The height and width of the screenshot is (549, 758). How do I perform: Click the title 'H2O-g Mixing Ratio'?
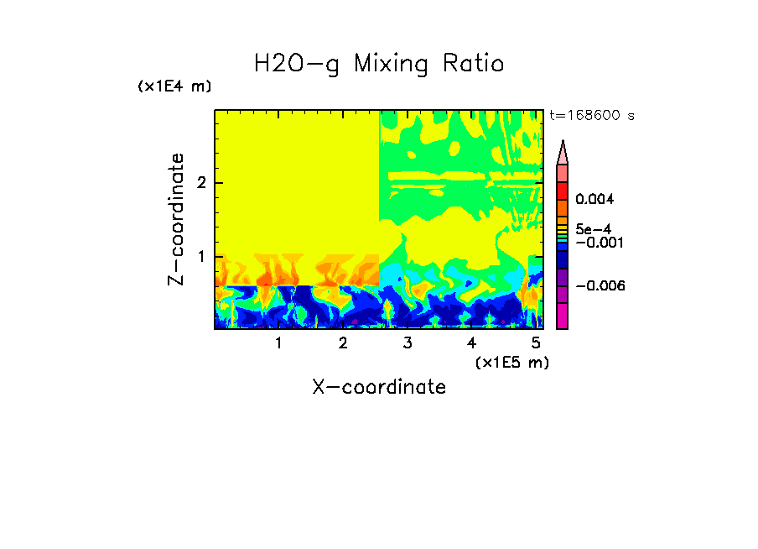(379, 64)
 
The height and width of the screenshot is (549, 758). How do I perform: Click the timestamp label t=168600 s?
(591, 115)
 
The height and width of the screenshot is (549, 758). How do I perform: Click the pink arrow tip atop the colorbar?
(563, 152)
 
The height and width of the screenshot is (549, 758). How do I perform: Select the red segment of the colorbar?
(563, 190)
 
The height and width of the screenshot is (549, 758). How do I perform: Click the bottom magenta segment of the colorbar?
(563, 316)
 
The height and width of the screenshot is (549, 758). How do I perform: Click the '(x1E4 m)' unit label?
(174, 86)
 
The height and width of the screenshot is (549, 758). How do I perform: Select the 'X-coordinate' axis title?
(379, 387)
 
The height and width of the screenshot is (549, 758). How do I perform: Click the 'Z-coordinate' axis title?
(176, 219)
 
